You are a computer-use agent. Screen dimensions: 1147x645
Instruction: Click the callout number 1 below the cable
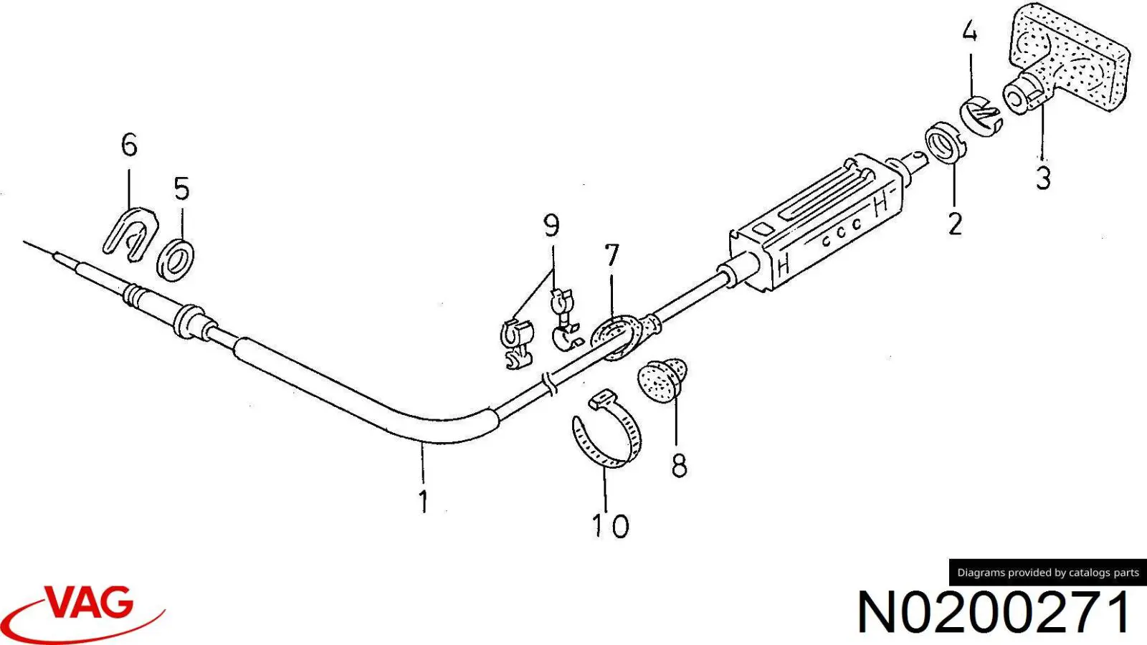coord(423,502)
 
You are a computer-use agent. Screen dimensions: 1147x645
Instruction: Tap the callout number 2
coord(955,224)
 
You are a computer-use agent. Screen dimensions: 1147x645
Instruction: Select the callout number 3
coord(1044,178)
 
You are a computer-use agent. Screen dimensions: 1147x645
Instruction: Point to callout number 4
coord(969,32)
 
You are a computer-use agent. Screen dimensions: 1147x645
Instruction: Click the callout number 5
coord(182,188)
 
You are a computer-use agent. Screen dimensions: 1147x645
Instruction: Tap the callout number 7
coord(611,255)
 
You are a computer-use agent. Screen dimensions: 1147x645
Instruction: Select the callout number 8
coord(679,467)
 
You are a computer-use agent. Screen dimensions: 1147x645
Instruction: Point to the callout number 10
coord(610,526)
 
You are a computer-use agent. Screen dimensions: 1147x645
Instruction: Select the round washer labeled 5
coord(175,261)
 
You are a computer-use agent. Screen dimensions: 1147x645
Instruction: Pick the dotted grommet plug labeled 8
coord(662,381)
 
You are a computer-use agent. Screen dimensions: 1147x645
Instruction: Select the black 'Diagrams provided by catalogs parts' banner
coord(1047,573)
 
